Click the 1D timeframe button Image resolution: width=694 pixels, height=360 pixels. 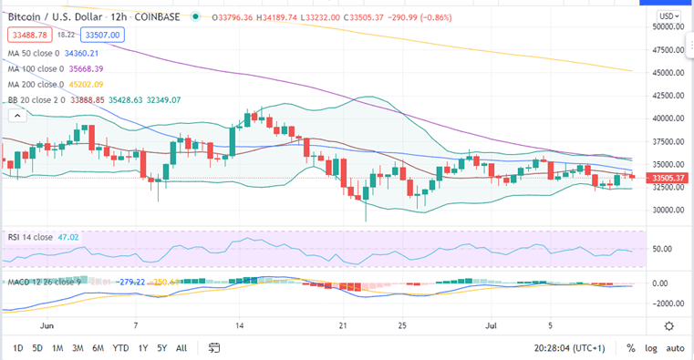pos(17,347)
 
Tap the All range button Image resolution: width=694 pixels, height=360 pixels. pos(181,347)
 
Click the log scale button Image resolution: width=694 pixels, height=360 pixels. pos(650,347)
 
